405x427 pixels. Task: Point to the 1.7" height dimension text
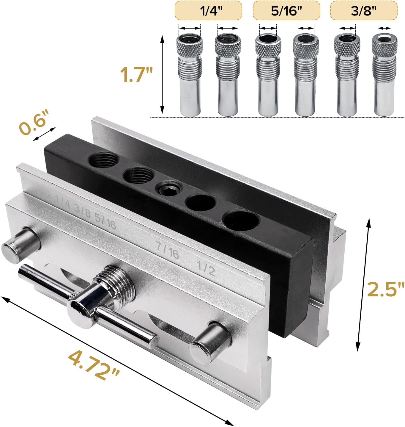coord(136,74)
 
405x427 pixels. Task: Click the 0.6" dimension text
coord(33,122)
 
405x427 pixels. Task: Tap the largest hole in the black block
coord(241,220)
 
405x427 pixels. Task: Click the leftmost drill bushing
coord(190,75)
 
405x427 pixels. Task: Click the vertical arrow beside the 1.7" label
coord(162,74)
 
